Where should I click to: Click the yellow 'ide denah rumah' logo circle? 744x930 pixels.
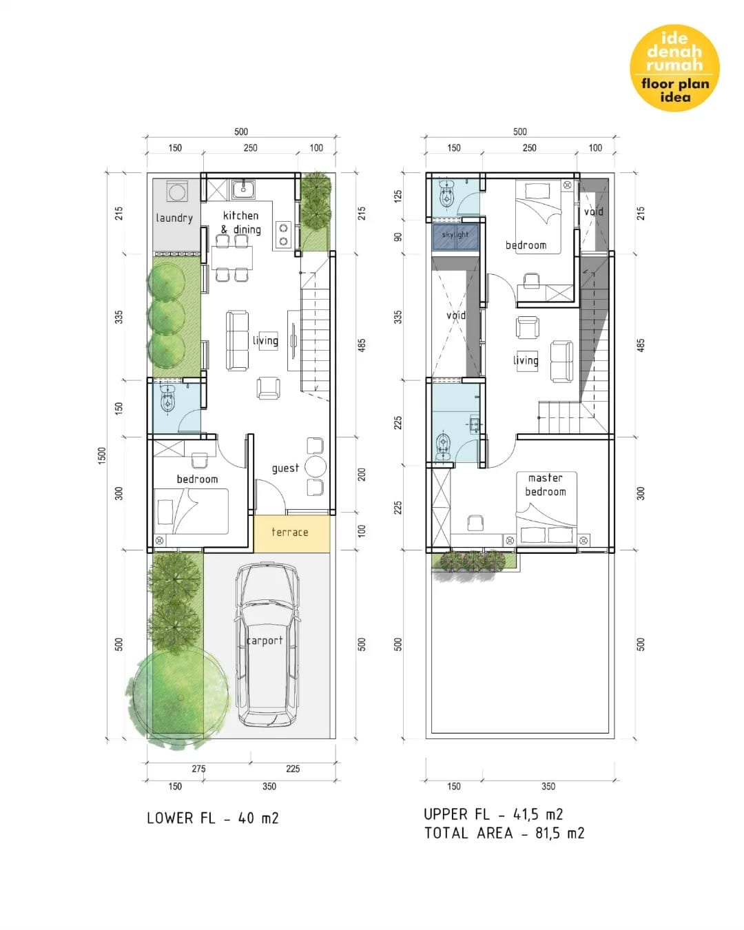pyautogui.click(x=674, y=68)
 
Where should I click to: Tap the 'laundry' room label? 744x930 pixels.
pyautogui.click(x=174, y=218)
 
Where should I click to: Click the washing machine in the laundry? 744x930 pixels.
pyautogui.click(x=177, y=192)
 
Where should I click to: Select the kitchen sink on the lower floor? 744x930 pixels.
pyautogui.click(x=243, y=189)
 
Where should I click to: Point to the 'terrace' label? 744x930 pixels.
pyautogui.click(x=289, y=532)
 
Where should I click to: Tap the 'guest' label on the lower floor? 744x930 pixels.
pyautogui.click(x=285, y=468)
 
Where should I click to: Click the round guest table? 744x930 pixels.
pyautogui.click(x=315, y=467)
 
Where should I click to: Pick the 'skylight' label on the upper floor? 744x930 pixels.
pyautogui.click(x=455, y=235)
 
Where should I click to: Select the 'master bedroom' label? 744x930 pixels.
pyautogui.click(x=545, y=484)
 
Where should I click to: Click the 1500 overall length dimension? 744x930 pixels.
pyautogui.click(x=101, y=455)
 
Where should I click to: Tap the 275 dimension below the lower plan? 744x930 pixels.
pyautogui.click(x=198, y=769)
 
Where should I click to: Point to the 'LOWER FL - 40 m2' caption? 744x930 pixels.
pyautogui.click(x=213, y=818)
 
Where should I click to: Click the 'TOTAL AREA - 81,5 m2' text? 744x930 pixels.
pyautogui.click(x=504, y=833)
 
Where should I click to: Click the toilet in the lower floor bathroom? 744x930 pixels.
pyautogui.click(x=167, y=401)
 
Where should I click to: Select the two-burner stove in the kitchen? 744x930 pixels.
pyautogui.click(x=284, y=235)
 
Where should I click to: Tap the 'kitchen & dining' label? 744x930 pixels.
pyautogui.click(x=242, y=222)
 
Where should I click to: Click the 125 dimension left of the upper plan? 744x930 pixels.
pyautogui.click(x=398, y=196)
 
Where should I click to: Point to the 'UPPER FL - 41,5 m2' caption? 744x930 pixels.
pyautogui.click(x=493, y=814)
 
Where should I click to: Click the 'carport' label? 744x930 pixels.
pyautogui.click(x=265, y=641)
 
